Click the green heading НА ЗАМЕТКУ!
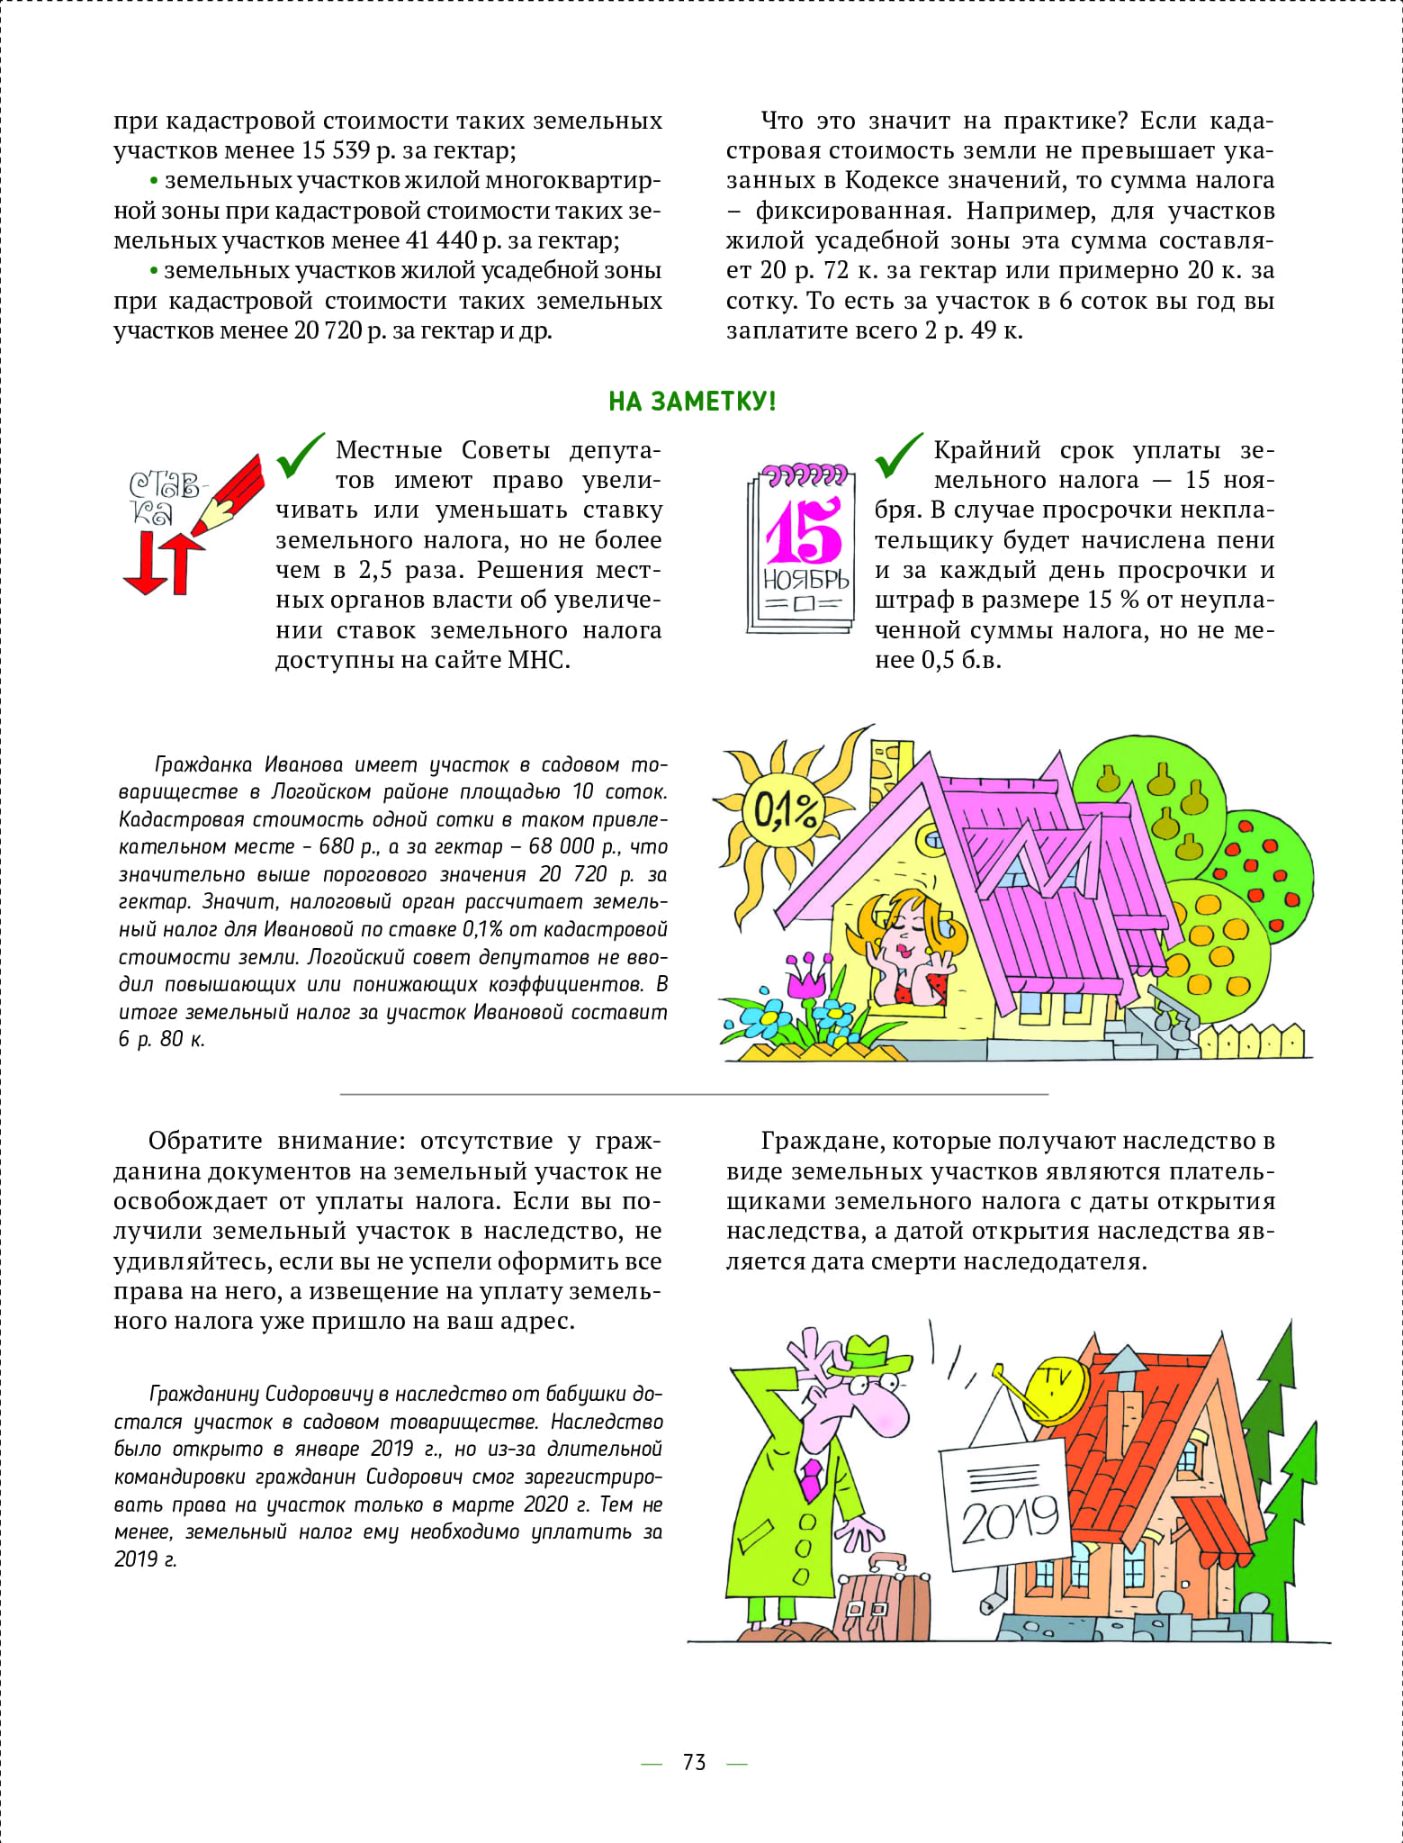click(x=691, y=401)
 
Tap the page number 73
click(x=694, y=1763)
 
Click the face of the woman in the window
click(x=906, y=940)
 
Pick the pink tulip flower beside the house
click(x=805, y=977)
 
